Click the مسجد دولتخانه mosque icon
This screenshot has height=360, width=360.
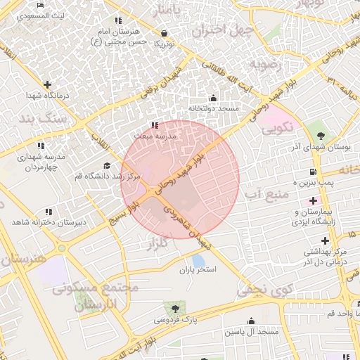214,98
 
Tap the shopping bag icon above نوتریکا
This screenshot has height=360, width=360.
164,32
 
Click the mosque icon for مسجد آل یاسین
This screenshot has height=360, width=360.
251,321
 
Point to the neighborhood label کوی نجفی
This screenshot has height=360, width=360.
264,289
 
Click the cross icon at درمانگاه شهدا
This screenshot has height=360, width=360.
47,84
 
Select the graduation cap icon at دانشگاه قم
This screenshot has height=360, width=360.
106,165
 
